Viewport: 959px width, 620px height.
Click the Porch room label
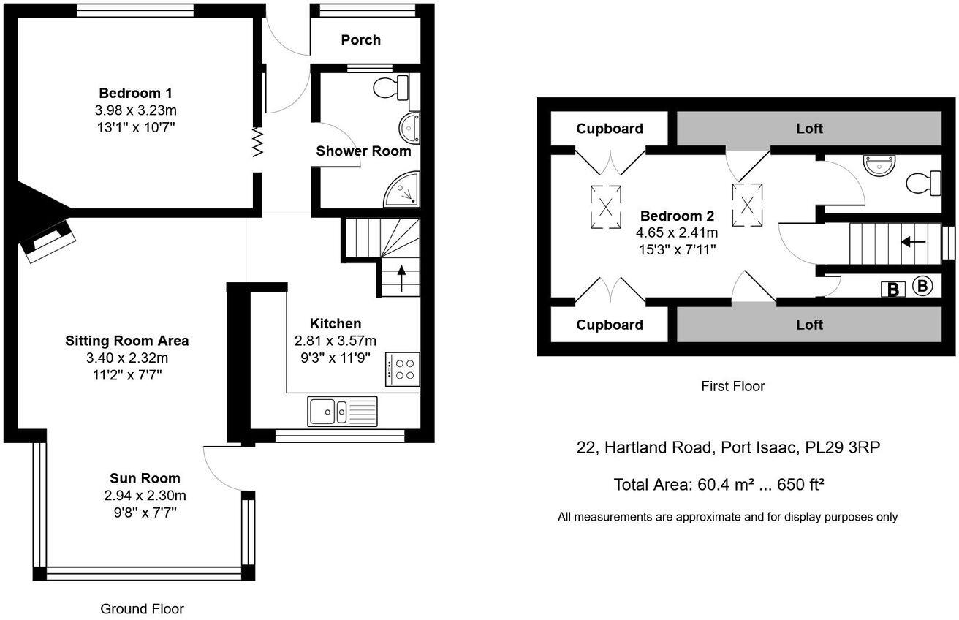coord(360,39)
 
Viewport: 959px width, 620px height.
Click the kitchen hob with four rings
coord(402,368)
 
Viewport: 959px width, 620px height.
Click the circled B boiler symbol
coord(922,286)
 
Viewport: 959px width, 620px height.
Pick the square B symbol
coord(892,290)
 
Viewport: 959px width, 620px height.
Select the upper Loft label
coord(809,129)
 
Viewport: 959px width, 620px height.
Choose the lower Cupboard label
coord(610,325)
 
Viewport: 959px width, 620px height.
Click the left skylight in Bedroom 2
coord(606,206)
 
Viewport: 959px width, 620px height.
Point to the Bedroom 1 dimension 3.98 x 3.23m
coord(136,110)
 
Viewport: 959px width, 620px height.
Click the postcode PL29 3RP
coord(842,447)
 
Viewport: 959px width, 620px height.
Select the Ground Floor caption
coord(142,608)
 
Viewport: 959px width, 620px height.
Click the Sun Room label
coord(145,478)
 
